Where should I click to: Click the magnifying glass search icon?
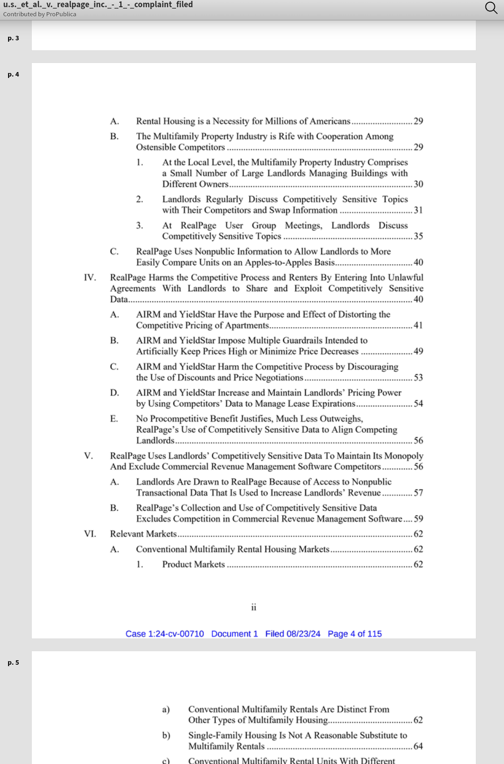(x=491, y=8)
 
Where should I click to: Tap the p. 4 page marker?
(x=13, y=74)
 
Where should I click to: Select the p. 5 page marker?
(x=13, y=662)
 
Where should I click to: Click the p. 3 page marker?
(x=13, y=38)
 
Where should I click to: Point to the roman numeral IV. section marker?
(x=90, y=277)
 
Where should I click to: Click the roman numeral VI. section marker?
(x=90, y=534)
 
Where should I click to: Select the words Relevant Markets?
(x=143, y=534)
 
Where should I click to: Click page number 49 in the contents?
(x=418, y=351)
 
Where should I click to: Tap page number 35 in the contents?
(x=418, y=236)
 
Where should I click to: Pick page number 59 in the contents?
(x=418, y=518)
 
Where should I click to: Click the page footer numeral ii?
(x=254, y=607)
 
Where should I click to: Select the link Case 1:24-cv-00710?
(x=165, y=633)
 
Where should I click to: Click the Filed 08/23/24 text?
(x=293, y=633)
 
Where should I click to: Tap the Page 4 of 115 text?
(x=355, y=633)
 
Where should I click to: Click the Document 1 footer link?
(x=235, y=633)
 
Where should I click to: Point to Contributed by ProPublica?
(x=39, y=14)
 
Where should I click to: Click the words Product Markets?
(x=194, y=564)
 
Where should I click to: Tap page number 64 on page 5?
(x=418, y=746)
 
